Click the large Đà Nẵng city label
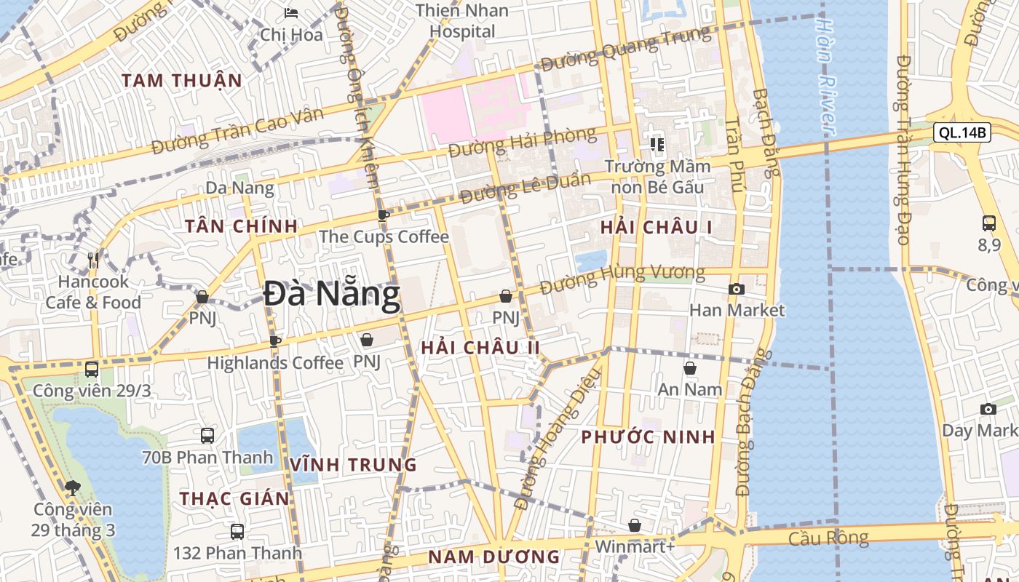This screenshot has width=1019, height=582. click(x=332, y=295)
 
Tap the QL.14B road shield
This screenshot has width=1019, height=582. click(x=961, y=132)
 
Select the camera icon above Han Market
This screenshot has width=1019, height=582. click(x=736, y=290)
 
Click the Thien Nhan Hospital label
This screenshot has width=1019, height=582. click(x=462, y=21)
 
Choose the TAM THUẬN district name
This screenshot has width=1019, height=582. click(x=182, y=81)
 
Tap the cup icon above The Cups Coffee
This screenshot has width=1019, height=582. click(x=384, y=215)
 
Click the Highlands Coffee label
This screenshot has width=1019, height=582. click(x=275, y=362)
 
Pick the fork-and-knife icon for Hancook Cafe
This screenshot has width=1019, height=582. click(x=93, y=260)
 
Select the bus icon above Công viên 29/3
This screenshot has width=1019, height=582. click(x=92, y=370)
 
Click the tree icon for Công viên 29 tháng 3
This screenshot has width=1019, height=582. click(x=72, y=487)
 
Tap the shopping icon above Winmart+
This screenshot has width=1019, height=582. click(x=635, y=525)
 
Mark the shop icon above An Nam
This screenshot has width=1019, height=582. click(x=689, y=369)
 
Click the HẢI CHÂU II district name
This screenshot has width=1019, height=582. click(x=480, y=348)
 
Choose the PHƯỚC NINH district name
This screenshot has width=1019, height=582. click(x=648, y=437)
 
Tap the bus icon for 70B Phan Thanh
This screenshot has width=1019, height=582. click(x=207, y=436)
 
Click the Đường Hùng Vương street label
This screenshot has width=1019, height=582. click(x=623, y=277)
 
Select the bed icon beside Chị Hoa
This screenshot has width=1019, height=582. click(x=291, y=13)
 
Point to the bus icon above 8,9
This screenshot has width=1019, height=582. click(x=988, y=223)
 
